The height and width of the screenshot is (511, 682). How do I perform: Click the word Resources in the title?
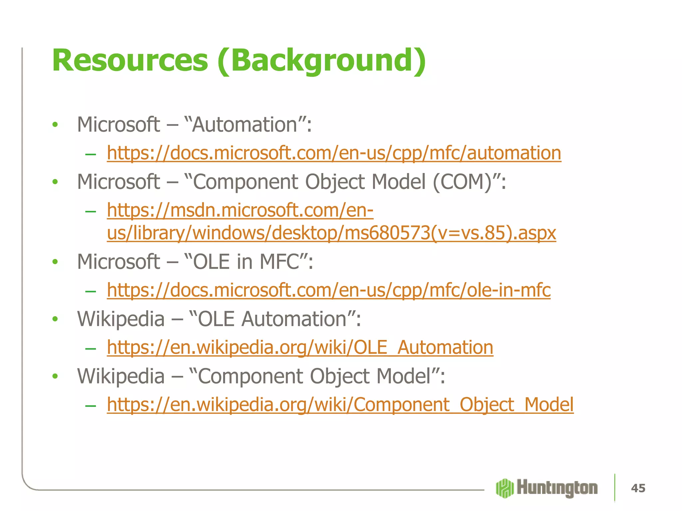pyautogui.click(x=130, y=61)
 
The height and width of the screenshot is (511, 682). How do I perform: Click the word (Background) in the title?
pyautogui.click(x=321, y=61)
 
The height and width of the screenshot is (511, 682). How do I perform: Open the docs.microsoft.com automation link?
pyautogui.click(x=334, y=153)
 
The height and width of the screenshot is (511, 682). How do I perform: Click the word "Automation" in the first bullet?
pyautogui.click(x=245, y=125)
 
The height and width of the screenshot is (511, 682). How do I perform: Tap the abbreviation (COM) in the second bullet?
pyautogui.click(x=463, y=182)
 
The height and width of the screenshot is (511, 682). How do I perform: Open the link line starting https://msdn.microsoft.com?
pyautogui.click(x=240, y=211)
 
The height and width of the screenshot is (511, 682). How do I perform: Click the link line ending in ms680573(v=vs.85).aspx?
pyautogui.click(x=331, y=233)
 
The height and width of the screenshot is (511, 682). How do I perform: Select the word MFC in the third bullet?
pyautogui.click(x=279, y=262)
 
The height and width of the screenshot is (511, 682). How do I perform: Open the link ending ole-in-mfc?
pyautogui.click(x=328, y=290)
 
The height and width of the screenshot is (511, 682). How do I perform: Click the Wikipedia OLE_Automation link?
pyautogui.click(x=300, y=348)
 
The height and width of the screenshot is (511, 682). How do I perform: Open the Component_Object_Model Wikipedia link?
pyautogui.click(x=340, y=405)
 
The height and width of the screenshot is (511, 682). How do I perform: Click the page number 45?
pyautogui.click(x=638, y=488)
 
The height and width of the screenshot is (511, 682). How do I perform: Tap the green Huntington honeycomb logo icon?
pyautogui.click(x=505, y=488)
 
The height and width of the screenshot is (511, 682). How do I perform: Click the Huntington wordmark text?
pyautogui.click(x=557, y=488)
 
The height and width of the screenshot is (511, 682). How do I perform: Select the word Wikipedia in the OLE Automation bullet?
pyautogui.click(x=121, y=319)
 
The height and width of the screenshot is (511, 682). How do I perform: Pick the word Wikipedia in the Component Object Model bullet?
pyautogui.click(x=121, y=376)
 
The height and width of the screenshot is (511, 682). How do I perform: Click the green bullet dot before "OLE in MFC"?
pyautogui.click(x=55, y=262)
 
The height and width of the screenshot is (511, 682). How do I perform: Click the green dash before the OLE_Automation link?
pyautogui.click(x=91, y=348)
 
